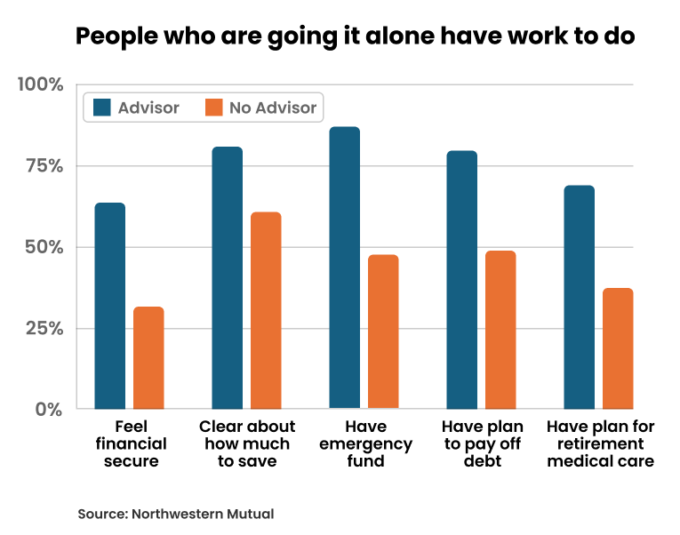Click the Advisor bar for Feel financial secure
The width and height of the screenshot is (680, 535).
point(109,306)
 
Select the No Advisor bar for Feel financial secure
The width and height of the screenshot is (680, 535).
point(148,357)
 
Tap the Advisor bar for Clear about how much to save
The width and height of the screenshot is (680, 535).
point(227,277)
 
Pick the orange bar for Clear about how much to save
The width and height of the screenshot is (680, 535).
point(266,310)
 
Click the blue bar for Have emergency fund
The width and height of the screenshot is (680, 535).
point(344,267)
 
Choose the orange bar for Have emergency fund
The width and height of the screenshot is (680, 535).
point(383,331)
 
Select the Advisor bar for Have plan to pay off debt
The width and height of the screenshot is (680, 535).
point(461,280)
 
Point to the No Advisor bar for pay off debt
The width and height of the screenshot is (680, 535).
point(500,330)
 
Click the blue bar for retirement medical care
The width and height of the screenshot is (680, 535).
point(579,297)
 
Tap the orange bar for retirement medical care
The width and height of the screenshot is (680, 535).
point(618,348)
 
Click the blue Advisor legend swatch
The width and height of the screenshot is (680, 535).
point(101,108)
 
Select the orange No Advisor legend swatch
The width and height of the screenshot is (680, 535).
point(213,108)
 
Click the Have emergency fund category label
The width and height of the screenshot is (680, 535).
point(365,443)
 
